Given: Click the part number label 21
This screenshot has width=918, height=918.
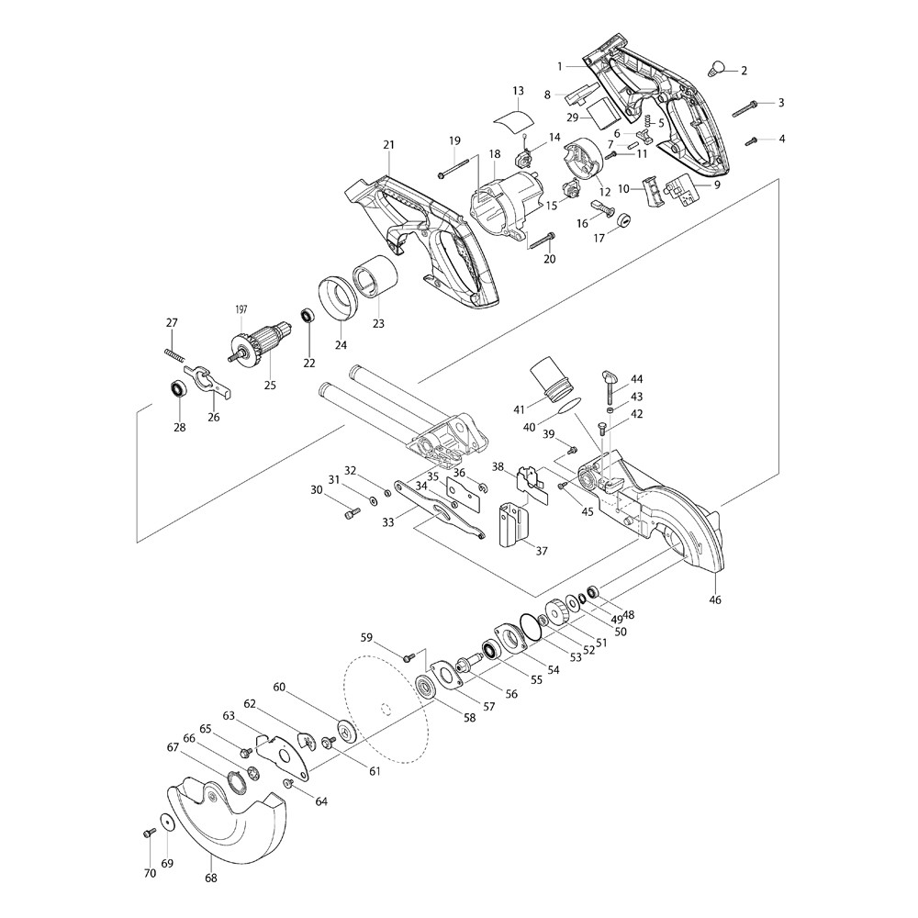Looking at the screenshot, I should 388,145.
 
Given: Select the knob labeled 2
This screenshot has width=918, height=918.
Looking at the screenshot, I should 718,66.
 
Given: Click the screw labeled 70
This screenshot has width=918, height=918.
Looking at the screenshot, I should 147,833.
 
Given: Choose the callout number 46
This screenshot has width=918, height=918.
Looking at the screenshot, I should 715,600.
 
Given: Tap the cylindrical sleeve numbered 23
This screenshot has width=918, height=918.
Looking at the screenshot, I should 376,276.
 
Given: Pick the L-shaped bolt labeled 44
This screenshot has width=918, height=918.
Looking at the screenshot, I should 610,387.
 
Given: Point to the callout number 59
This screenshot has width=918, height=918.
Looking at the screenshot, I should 367,637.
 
